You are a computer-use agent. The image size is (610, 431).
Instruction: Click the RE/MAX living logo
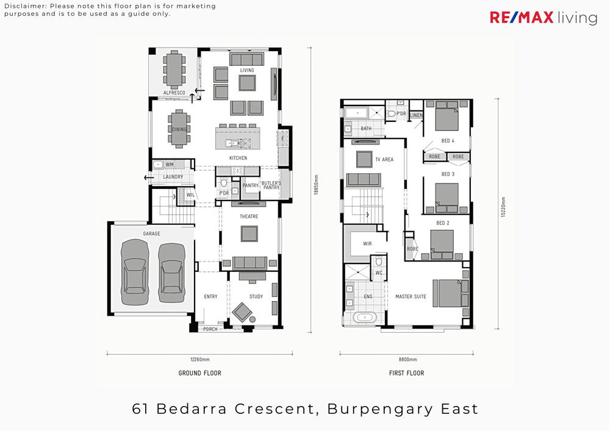point(544,18)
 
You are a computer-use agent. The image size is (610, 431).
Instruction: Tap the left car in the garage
point(135,272)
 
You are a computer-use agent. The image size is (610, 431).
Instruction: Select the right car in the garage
point(171,273)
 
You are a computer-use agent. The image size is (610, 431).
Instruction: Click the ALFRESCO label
point(174,93)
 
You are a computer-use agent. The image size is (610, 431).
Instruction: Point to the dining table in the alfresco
point(174,69)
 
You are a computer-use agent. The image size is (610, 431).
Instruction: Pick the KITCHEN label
point(238,158)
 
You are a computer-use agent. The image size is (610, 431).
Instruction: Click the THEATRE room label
point(249,216)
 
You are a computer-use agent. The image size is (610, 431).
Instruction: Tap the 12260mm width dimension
point(200,360)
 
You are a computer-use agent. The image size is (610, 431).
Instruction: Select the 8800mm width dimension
point(407,360)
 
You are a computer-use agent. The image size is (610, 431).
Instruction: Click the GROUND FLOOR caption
point(200,373)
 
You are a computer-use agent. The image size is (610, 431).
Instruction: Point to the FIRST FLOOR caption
point(406,373)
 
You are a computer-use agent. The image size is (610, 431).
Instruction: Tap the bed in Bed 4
point(447,115)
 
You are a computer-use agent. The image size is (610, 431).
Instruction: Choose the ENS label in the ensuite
point(368,296)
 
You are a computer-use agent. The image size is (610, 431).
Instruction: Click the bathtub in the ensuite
point(365,318)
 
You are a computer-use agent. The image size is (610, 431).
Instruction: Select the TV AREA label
point(384,159)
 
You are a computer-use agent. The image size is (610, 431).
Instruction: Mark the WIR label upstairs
point(367,244)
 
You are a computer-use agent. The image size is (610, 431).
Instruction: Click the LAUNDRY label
point(173,177)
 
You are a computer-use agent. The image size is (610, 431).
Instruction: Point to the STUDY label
point(256,296)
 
